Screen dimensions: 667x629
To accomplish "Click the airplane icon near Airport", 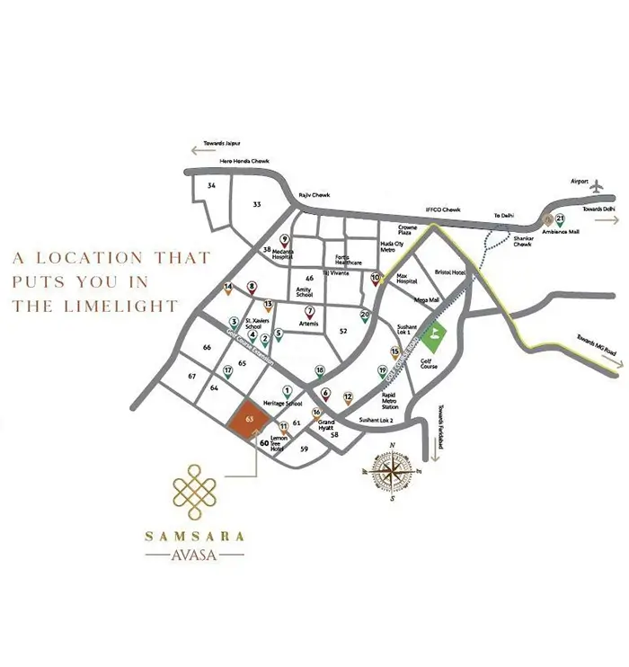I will point(597,184).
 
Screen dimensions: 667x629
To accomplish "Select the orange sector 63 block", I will point(248,421).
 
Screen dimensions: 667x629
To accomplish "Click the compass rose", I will point(393,471).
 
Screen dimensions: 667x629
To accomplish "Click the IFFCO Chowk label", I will point(442,209).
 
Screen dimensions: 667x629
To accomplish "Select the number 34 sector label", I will point(212,186).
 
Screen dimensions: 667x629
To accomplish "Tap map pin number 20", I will point(365,316).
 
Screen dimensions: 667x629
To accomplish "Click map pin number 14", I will point(228,288).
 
